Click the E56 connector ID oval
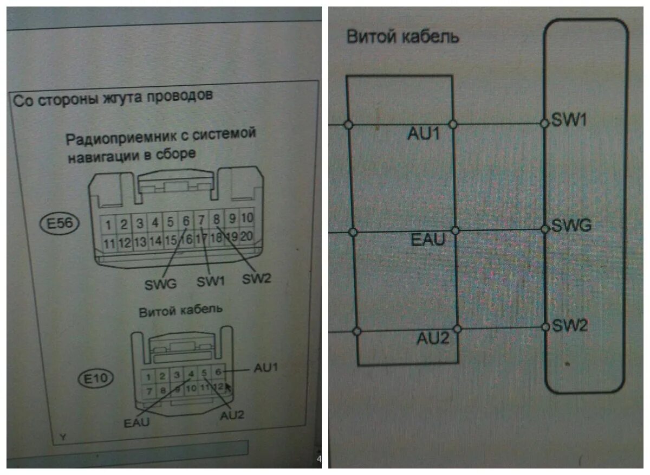[60, 224]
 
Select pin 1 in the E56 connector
[109, 224]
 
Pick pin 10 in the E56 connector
[247, 218]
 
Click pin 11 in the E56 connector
[109, 242]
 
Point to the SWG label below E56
[161, 284]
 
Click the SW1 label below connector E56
[210, 282]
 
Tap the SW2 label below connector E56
[256, 279]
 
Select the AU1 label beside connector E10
[266, 367]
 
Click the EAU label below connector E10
[136, 423]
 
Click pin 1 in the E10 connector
[147, 376]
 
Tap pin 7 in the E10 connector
[147, 390]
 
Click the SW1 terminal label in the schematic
[569, 120]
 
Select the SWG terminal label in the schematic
[571, 225]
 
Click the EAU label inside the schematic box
[428, 239]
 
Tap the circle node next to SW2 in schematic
[545, 327]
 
